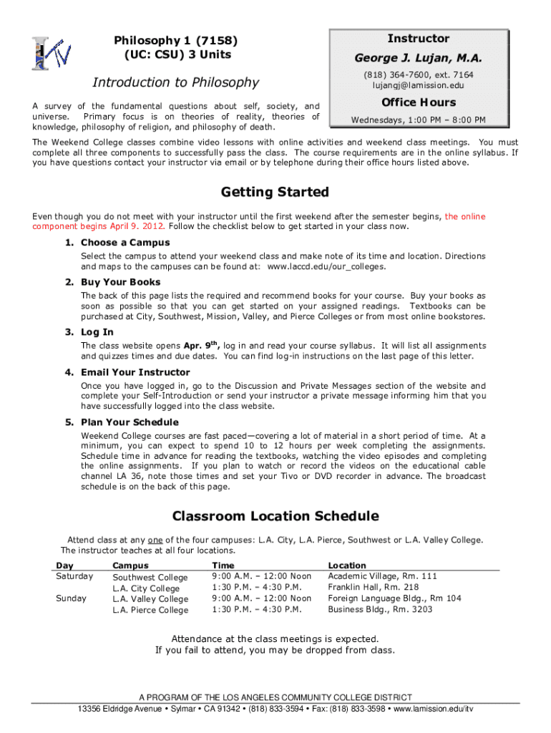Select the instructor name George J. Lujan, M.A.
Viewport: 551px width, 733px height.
click(x=418, y=57)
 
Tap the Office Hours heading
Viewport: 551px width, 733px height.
click(x=418, y=102)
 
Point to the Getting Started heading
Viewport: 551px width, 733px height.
click(x=275, y=192)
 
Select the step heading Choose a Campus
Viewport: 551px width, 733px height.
click(x=125, y=243)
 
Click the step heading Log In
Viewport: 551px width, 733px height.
click(x=97, y=332)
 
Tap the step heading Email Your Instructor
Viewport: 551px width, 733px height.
click(x=135, y=372)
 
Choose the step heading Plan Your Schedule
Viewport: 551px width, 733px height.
click(x=130, y=422)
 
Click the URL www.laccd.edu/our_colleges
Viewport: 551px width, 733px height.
click(x=326, y=267)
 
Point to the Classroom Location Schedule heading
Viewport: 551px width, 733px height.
click(x=275, y=516)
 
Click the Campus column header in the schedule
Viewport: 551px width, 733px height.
click(x=131, y=565)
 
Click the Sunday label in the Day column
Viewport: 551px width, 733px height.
click(x=71, y=598)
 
